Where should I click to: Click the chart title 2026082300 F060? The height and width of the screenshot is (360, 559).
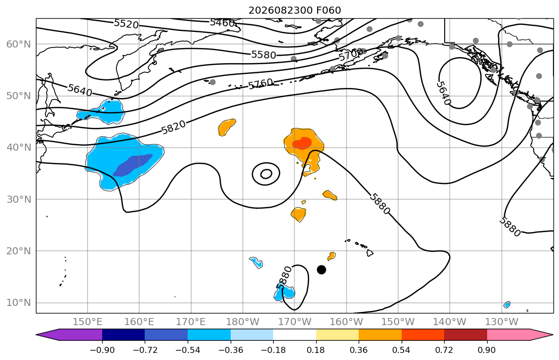294,10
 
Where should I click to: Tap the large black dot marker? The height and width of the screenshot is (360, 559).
321,270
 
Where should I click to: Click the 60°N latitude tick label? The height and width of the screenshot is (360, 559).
19,44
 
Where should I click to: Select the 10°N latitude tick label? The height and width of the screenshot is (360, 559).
19,303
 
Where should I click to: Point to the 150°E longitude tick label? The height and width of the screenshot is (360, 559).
88,322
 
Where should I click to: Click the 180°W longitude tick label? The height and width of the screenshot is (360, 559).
243,322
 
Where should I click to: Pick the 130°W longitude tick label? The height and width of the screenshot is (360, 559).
502,322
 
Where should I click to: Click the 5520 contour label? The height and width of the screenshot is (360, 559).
126,24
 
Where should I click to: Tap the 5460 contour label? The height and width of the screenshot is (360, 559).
222,23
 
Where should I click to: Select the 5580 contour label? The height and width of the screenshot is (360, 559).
264,55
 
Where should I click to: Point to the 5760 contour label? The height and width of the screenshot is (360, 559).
261,84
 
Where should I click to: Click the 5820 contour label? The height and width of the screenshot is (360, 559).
174,127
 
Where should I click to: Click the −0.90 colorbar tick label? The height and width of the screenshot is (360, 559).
102,350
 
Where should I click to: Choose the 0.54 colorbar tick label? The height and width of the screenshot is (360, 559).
402,350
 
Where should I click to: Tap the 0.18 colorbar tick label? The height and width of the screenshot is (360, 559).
316,350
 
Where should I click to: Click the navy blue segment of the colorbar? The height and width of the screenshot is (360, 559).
123,335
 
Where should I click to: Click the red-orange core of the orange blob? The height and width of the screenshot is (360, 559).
302,143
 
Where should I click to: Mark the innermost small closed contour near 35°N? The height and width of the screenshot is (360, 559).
266,174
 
